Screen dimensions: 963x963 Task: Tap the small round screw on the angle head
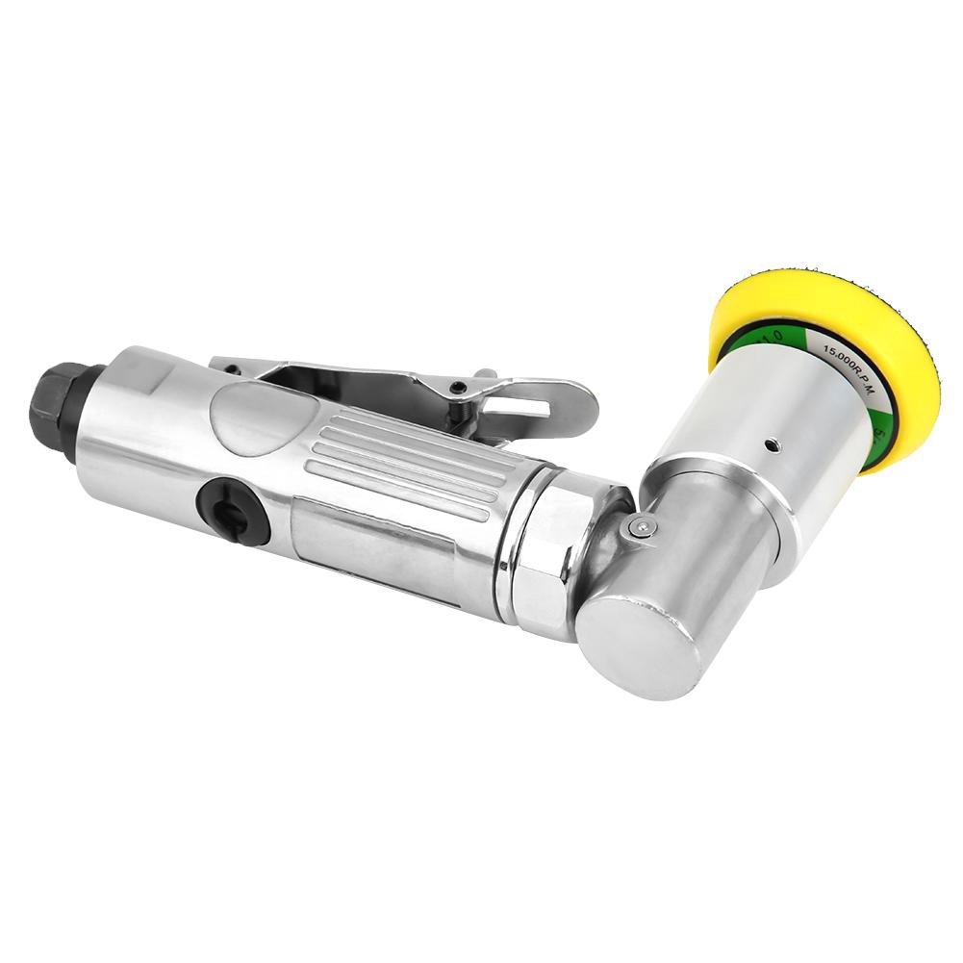(x=640, y=526)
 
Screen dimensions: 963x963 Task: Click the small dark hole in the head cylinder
(x=771, y=446)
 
